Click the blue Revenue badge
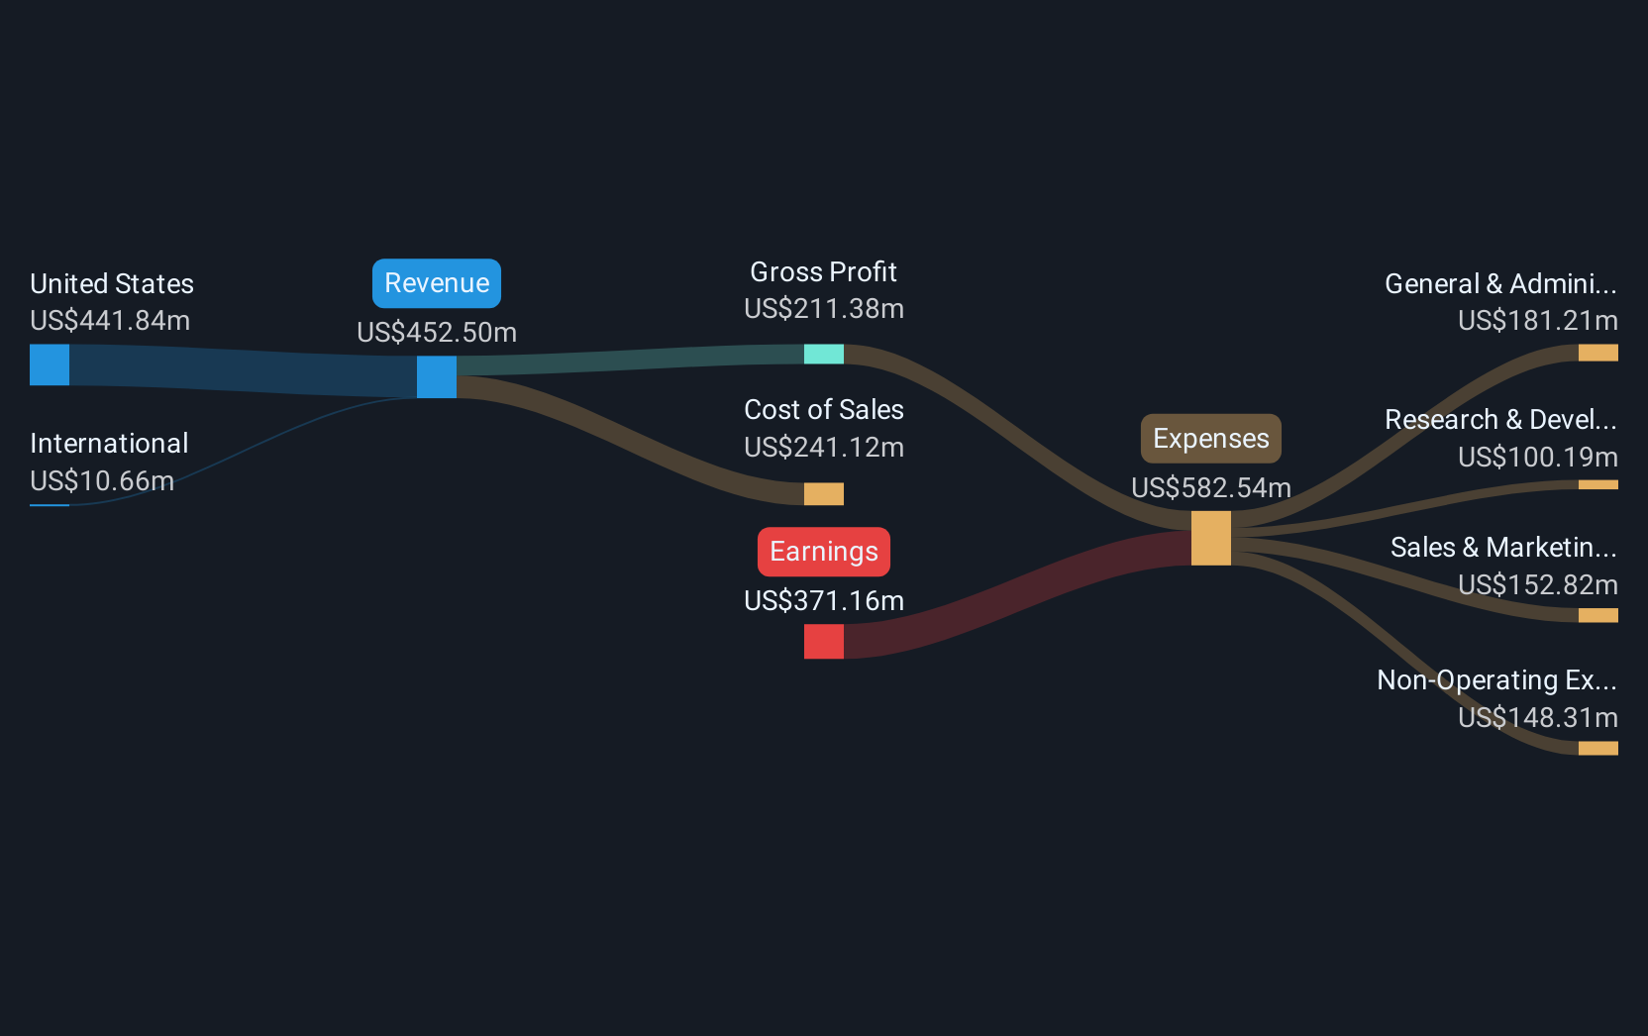437,283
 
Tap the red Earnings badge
824,552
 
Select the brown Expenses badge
1211,439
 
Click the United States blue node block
50,364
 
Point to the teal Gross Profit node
824,354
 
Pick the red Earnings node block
824,641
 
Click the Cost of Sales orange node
824,493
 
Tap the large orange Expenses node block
1211,538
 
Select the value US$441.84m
110,321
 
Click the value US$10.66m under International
102,481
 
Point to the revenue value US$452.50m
437,333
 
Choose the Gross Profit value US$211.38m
824,309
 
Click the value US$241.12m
824,448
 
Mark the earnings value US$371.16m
824,601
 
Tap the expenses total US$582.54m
1211,488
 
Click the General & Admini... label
1500,284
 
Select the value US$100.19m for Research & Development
1538,458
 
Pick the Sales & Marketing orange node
1597,615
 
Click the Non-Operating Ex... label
1497,680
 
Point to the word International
109,444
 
